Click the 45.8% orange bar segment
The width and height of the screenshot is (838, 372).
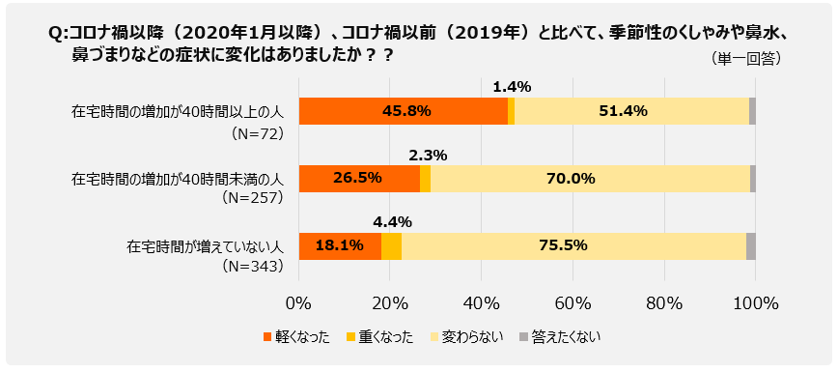(x=404, y=111)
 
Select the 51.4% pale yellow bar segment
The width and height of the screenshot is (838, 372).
(x=631, y=111)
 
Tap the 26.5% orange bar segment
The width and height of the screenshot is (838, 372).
(x=359, y=179)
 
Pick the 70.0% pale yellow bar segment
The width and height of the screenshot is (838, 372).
(x=590, y=179)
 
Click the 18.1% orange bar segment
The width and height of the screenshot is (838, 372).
(x=340, y=246)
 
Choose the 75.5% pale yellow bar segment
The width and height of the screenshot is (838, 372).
(x=573, y=246)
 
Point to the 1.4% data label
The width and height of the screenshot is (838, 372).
(x=512, y=87)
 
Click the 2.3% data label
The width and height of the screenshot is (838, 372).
(x=428, y=155)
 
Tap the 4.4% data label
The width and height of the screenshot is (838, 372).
(x=392, y=222)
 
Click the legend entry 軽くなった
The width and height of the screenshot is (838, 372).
(x=295, y=337)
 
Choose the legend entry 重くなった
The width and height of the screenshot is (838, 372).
(x=379, y=337)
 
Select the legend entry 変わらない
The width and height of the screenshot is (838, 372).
(x=466, y=337)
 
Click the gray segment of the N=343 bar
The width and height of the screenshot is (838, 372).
(x=751, y=246)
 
